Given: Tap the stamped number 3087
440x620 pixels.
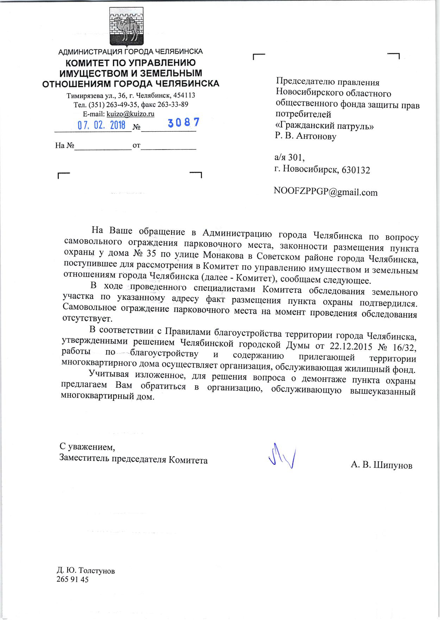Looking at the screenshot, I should click(184, 122).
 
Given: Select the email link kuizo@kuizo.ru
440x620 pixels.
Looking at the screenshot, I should click(131, 114).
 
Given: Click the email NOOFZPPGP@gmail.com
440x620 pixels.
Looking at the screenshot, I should click(326, 192).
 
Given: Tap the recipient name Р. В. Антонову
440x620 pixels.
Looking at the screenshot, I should click(306, 136).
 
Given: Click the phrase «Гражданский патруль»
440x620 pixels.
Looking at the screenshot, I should click(324, 126).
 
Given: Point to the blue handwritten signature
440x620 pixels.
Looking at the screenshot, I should click(282, 456).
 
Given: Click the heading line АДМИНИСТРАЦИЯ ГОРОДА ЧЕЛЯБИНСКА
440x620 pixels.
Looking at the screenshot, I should click(130, 52).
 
